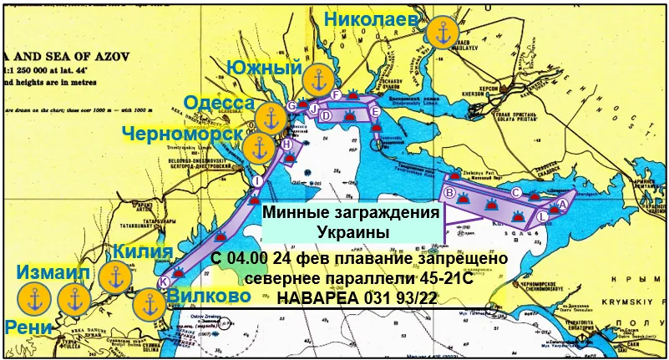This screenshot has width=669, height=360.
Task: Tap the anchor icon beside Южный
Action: pyautogui.click(x=317, y=80)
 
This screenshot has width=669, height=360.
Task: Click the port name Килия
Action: pyautogui.click(x=144, y=251)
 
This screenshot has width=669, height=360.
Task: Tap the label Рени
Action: pyautogui.click(x=27, y=327)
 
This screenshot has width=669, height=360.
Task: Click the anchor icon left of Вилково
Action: pyautogui.click(x=149, y=302)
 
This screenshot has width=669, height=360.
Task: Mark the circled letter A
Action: pyautogui.click(x=562, y=203)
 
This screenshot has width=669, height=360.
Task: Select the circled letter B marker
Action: pyautogui.click(x=449, y=194)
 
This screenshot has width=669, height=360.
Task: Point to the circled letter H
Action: pyautogui.click(x=287, y=145)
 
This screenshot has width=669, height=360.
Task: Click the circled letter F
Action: pyautogui.click(x=335, y=94)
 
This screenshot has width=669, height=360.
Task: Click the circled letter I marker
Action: pyautogui.click(x=256, y=181)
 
